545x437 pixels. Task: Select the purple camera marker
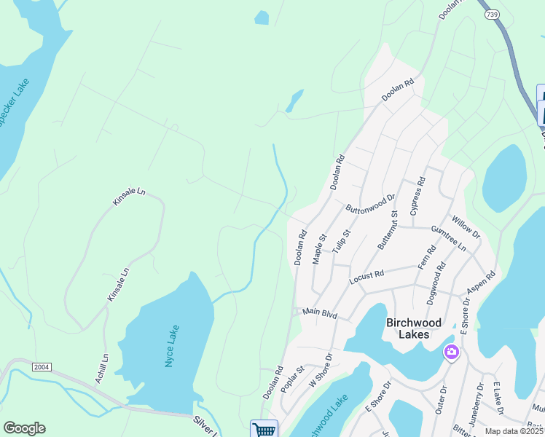(452, 353)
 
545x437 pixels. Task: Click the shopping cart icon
(264, 430)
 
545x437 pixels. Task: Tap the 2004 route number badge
(42, 367)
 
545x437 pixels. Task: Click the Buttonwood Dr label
(370, 202)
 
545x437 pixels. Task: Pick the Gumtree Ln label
(448, 239)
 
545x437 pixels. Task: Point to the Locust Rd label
(366, 276)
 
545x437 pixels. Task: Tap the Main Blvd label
(321, 314)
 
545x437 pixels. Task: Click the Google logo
(24, 428)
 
